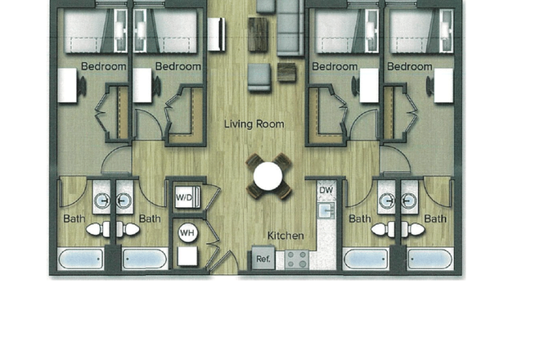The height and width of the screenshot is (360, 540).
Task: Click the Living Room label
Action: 254,124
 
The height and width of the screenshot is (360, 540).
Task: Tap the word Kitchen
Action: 285,236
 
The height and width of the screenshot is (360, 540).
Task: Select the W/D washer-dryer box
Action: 182,197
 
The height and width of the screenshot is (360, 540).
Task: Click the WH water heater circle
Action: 187,233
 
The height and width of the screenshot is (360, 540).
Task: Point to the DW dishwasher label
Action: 326,191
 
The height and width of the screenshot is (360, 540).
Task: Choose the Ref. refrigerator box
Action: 263,259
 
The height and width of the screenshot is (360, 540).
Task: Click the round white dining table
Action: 268,176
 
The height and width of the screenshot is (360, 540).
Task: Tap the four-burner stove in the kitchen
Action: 295,259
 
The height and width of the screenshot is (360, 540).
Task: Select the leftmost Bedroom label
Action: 103,66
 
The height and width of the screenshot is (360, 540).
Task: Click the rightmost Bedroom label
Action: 410,66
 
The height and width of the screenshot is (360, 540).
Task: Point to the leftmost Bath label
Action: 74,218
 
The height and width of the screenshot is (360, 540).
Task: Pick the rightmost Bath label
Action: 434,218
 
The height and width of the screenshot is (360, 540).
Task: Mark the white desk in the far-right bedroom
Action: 443,85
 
